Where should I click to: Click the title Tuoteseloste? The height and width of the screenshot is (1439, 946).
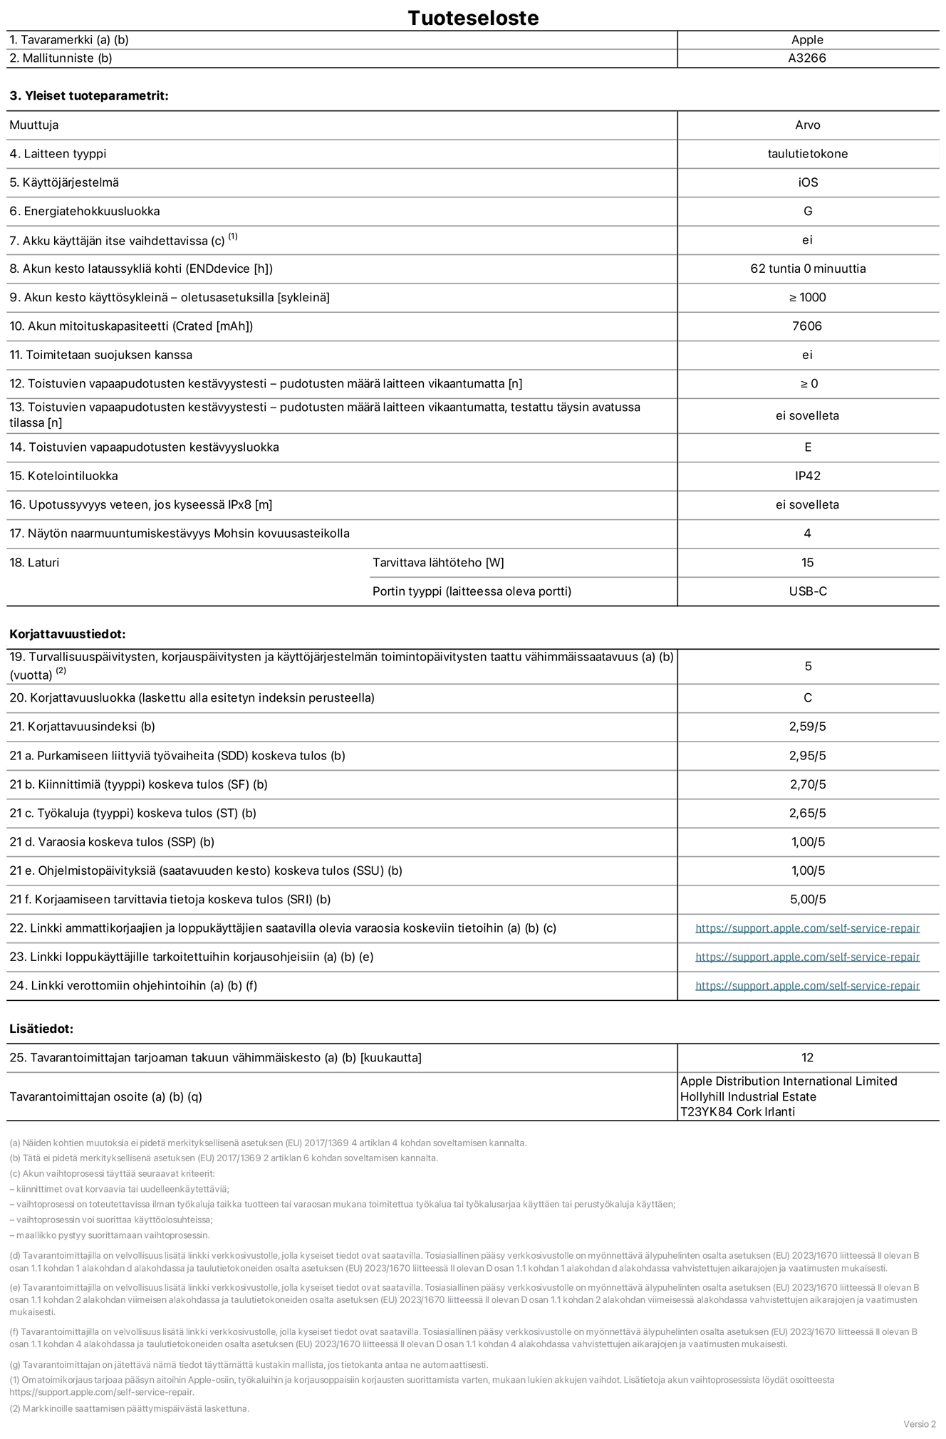[x=473, y=18]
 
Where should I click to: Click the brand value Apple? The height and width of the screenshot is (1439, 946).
[x=807, y=40]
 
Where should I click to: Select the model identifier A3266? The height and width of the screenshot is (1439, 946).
[x=807, y=58]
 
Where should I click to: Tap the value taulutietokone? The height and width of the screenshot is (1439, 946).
[x=807, y=154]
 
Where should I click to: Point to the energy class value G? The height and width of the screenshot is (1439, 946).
[x=807, y=211]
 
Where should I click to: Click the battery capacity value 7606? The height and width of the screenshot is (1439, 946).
[x=807, y=326]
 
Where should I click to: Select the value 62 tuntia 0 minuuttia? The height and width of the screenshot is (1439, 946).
[x=807, y=269]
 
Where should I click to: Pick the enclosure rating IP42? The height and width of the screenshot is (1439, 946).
[x=807, y=476]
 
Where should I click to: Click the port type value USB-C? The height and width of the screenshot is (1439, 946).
[x=807, y=591]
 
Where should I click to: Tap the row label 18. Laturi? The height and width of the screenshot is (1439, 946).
[x=34, y=563]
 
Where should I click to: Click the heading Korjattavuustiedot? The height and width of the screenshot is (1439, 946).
[x=68, y=634]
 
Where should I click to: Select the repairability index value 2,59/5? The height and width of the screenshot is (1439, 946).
[x=807, y=727]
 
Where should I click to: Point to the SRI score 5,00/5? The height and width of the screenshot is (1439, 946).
[x=807, y=899]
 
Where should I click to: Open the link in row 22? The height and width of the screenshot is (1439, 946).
[x=807, y=928]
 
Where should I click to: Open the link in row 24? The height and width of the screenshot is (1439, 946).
[x=807, y=986]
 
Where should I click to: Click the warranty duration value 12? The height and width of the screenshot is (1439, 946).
[x=807, y=1058]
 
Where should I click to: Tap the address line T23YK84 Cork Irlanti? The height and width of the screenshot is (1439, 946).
[x=737, y=1112]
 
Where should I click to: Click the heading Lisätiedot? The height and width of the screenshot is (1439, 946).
[x=41, y=1029]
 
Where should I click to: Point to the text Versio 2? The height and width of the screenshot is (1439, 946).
[x=919, y=1424]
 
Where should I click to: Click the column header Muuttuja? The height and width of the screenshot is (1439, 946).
[x=34, y=125]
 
